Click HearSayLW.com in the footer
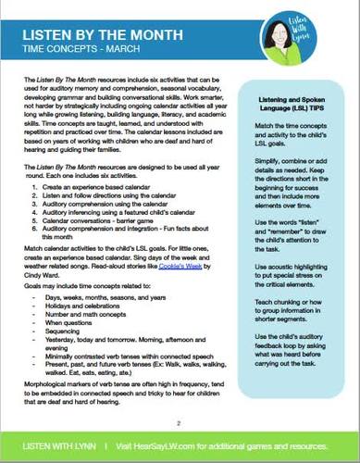(x=167, y=445)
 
